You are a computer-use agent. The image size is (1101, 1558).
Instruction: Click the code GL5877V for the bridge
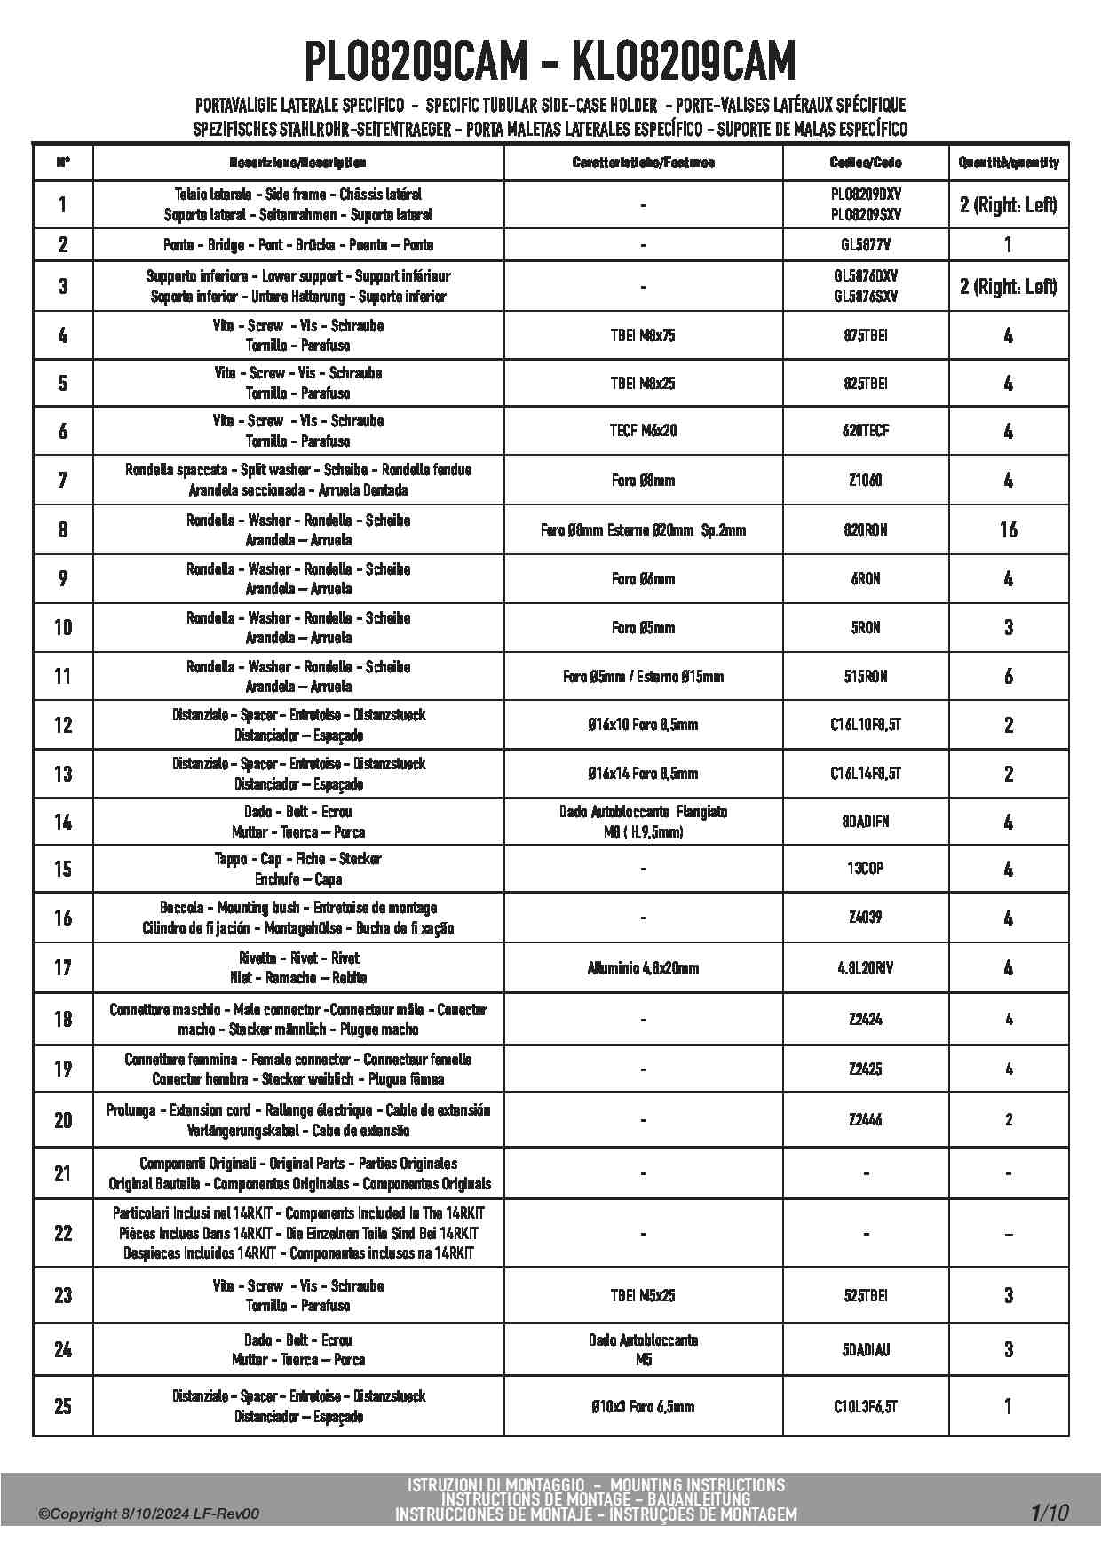pyautogui.click(x=866, y=245)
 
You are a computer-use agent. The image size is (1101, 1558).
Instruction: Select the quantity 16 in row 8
pyautogui.click(x=1008, y=530)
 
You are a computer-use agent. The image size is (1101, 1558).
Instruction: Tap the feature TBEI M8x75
pyautogui.click(x=643, y=336)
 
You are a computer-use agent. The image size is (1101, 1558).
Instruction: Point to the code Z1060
pyautogui.click(x=866, y=481)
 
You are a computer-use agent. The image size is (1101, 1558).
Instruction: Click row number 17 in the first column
pyautogui.click(x=63, y=967)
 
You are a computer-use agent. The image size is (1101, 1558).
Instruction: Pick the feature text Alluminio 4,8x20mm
pyautogui.click(x=643, y=968)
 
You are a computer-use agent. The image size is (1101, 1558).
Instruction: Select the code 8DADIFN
pyautogui.click(x=866, y=822)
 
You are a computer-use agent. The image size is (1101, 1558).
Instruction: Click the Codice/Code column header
pyautogui.click(x=866, y=163)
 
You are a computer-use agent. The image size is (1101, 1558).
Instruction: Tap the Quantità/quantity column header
pyautogui.click(x=1009, y=163)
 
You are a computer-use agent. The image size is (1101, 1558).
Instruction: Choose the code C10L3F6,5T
pyautogui.click(x=866, y=1407)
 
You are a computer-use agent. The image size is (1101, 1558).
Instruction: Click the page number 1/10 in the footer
pyautogui.click(x=1050, y=1513)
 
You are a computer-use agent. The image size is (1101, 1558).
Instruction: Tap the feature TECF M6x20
pyautogui.click(x=643, y=431)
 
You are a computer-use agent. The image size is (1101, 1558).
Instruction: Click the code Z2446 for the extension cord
pyautogui.click(x=866, y=1120)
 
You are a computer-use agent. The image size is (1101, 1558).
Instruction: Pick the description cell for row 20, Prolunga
pyautogui.click(x=298, y=1120)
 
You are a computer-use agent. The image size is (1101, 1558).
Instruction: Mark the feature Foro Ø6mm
pyautogui.click(x=643, y=579)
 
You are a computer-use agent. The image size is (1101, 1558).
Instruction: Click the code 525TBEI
pyautogui.click(x=866, y=1296)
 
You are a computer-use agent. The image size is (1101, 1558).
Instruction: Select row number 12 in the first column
pyautogui.click(x=63, y=725)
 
